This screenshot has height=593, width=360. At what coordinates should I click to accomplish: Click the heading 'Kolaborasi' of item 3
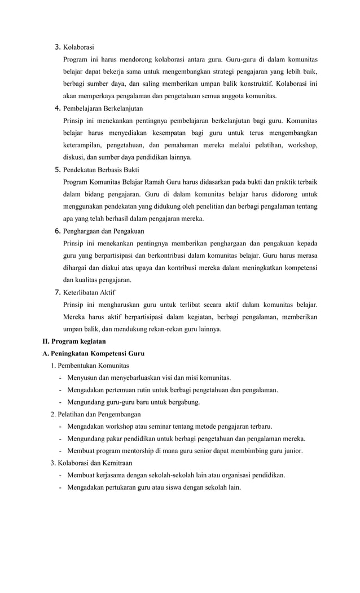(x=78, y=47)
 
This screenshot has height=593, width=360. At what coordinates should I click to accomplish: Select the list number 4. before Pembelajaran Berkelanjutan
(x=57, y=108)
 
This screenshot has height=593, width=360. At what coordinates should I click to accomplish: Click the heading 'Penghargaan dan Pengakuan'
(x=103, y=231)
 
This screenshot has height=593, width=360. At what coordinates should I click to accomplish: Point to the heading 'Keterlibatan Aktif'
(x=89, y=292)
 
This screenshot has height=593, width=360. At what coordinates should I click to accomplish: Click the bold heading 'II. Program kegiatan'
(x=74, y=341)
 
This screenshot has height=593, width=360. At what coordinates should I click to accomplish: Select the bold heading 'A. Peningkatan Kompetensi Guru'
(x=93, y=353)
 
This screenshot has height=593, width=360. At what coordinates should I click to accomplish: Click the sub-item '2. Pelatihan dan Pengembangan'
(x=97, y=414)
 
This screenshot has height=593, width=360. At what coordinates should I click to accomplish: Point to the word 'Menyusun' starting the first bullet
(x=82, y=377)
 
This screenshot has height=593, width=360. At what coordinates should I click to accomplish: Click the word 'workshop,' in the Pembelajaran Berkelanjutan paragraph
(x=301, y=145)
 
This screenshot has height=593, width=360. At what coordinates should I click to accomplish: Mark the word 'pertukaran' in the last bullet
(x=120, y=487)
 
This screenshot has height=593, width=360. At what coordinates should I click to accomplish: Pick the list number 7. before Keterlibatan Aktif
(x=57, y=292)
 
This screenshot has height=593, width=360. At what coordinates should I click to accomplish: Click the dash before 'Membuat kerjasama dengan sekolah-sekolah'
(x=60, y=475)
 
